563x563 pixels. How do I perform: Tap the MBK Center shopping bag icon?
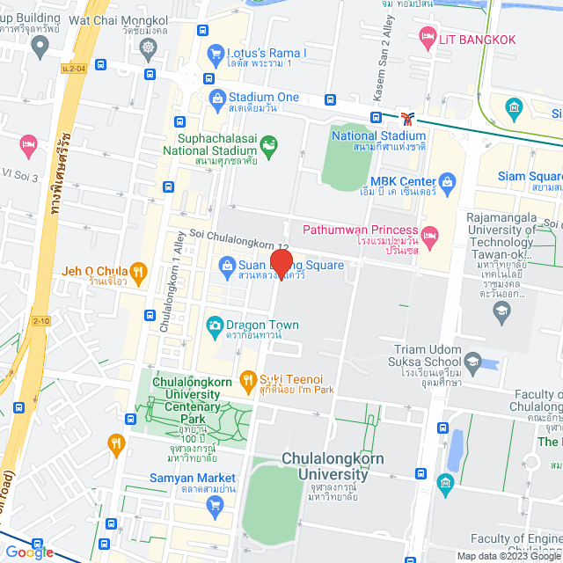tap(447, 182)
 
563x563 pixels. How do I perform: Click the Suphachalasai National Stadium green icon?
tap(269, 143)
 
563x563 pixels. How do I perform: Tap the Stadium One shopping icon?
tap(216, 97)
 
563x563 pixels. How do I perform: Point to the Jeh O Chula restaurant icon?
tap(137, 272)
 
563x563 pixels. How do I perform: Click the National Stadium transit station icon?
tap(406, 117)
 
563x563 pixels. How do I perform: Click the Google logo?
tap(29, 552)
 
